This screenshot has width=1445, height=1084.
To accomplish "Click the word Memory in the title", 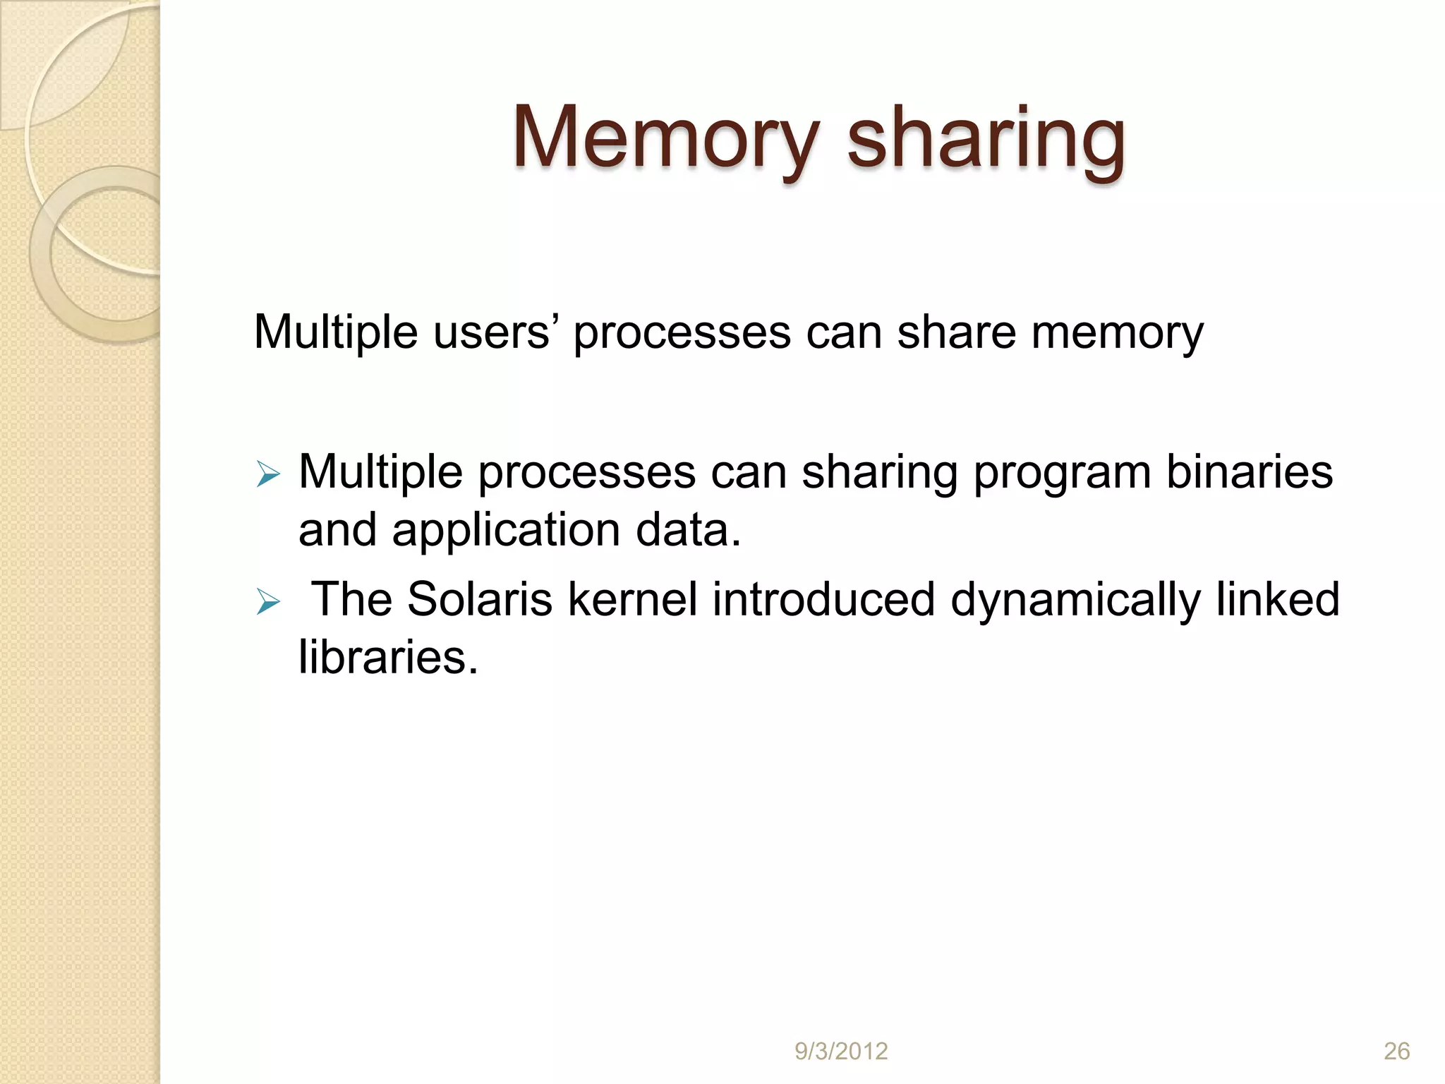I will pyautogui.click(x=666, y=138).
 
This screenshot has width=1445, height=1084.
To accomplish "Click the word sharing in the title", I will pyautogui.click(x=986, y=138).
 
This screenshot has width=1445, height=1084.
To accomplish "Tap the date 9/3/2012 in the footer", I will pyautogui.click(x=841, y=1052).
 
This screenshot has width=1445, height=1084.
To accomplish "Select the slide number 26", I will pyautogui.click(x=1396, y=1052).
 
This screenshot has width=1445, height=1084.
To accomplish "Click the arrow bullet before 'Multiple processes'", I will pyautogui.click(x=268, y=474).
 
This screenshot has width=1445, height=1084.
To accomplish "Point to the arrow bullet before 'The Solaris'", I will pyautogui.click(x=268, y=601).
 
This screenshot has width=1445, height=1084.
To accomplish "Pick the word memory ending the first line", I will pyautogui.click(x=1117, y=333).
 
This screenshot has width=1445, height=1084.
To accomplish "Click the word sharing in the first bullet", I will pyautogui.click(x=879, y=473).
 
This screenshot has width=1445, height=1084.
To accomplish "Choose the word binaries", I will pyautogui.click(x=1249, y=471).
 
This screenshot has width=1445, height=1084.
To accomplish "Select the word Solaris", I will pyautogui.click(x=480, y=600).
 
